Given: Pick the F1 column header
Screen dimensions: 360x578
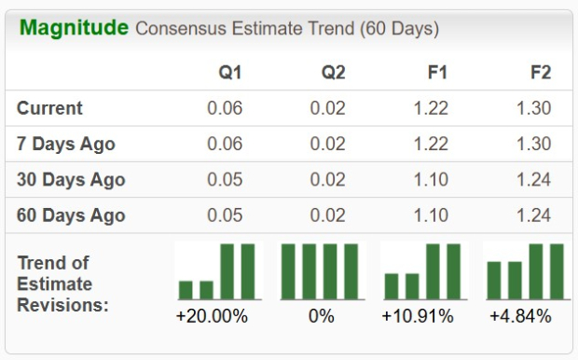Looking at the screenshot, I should [434, 73].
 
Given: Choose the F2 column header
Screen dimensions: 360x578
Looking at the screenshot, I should [538, 73].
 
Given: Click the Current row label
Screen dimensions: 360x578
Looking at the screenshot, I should [49, 108].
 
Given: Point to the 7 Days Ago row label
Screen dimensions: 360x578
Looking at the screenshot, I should [66, 144].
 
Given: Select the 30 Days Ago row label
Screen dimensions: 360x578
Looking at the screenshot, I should [71, 179].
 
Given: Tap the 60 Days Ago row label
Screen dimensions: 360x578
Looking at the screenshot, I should [71, 215].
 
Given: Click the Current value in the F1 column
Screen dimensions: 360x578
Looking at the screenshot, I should [430, 108].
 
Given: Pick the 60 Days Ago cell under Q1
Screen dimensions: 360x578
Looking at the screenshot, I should [225, 215].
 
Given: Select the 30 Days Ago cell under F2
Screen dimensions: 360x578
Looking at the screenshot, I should [533, 179].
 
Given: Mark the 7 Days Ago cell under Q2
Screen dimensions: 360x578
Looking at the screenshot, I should [328, 144].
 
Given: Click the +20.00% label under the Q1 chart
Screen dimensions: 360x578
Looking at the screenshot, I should [212, 316].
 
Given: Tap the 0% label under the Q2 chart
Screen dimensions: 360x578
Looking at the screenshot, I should [321, 316].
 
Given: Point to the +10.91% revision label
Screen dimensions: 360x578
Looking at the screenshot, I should [417, 316].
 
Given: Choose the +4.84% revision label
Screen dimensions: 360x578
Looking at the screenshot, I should [520, 316].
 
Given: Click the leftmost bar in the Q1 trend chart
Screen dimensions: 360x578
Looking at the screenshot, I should [186, 289].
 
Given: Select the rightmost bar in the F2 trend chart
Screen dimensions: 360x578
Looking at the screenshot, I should [557, 271].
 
